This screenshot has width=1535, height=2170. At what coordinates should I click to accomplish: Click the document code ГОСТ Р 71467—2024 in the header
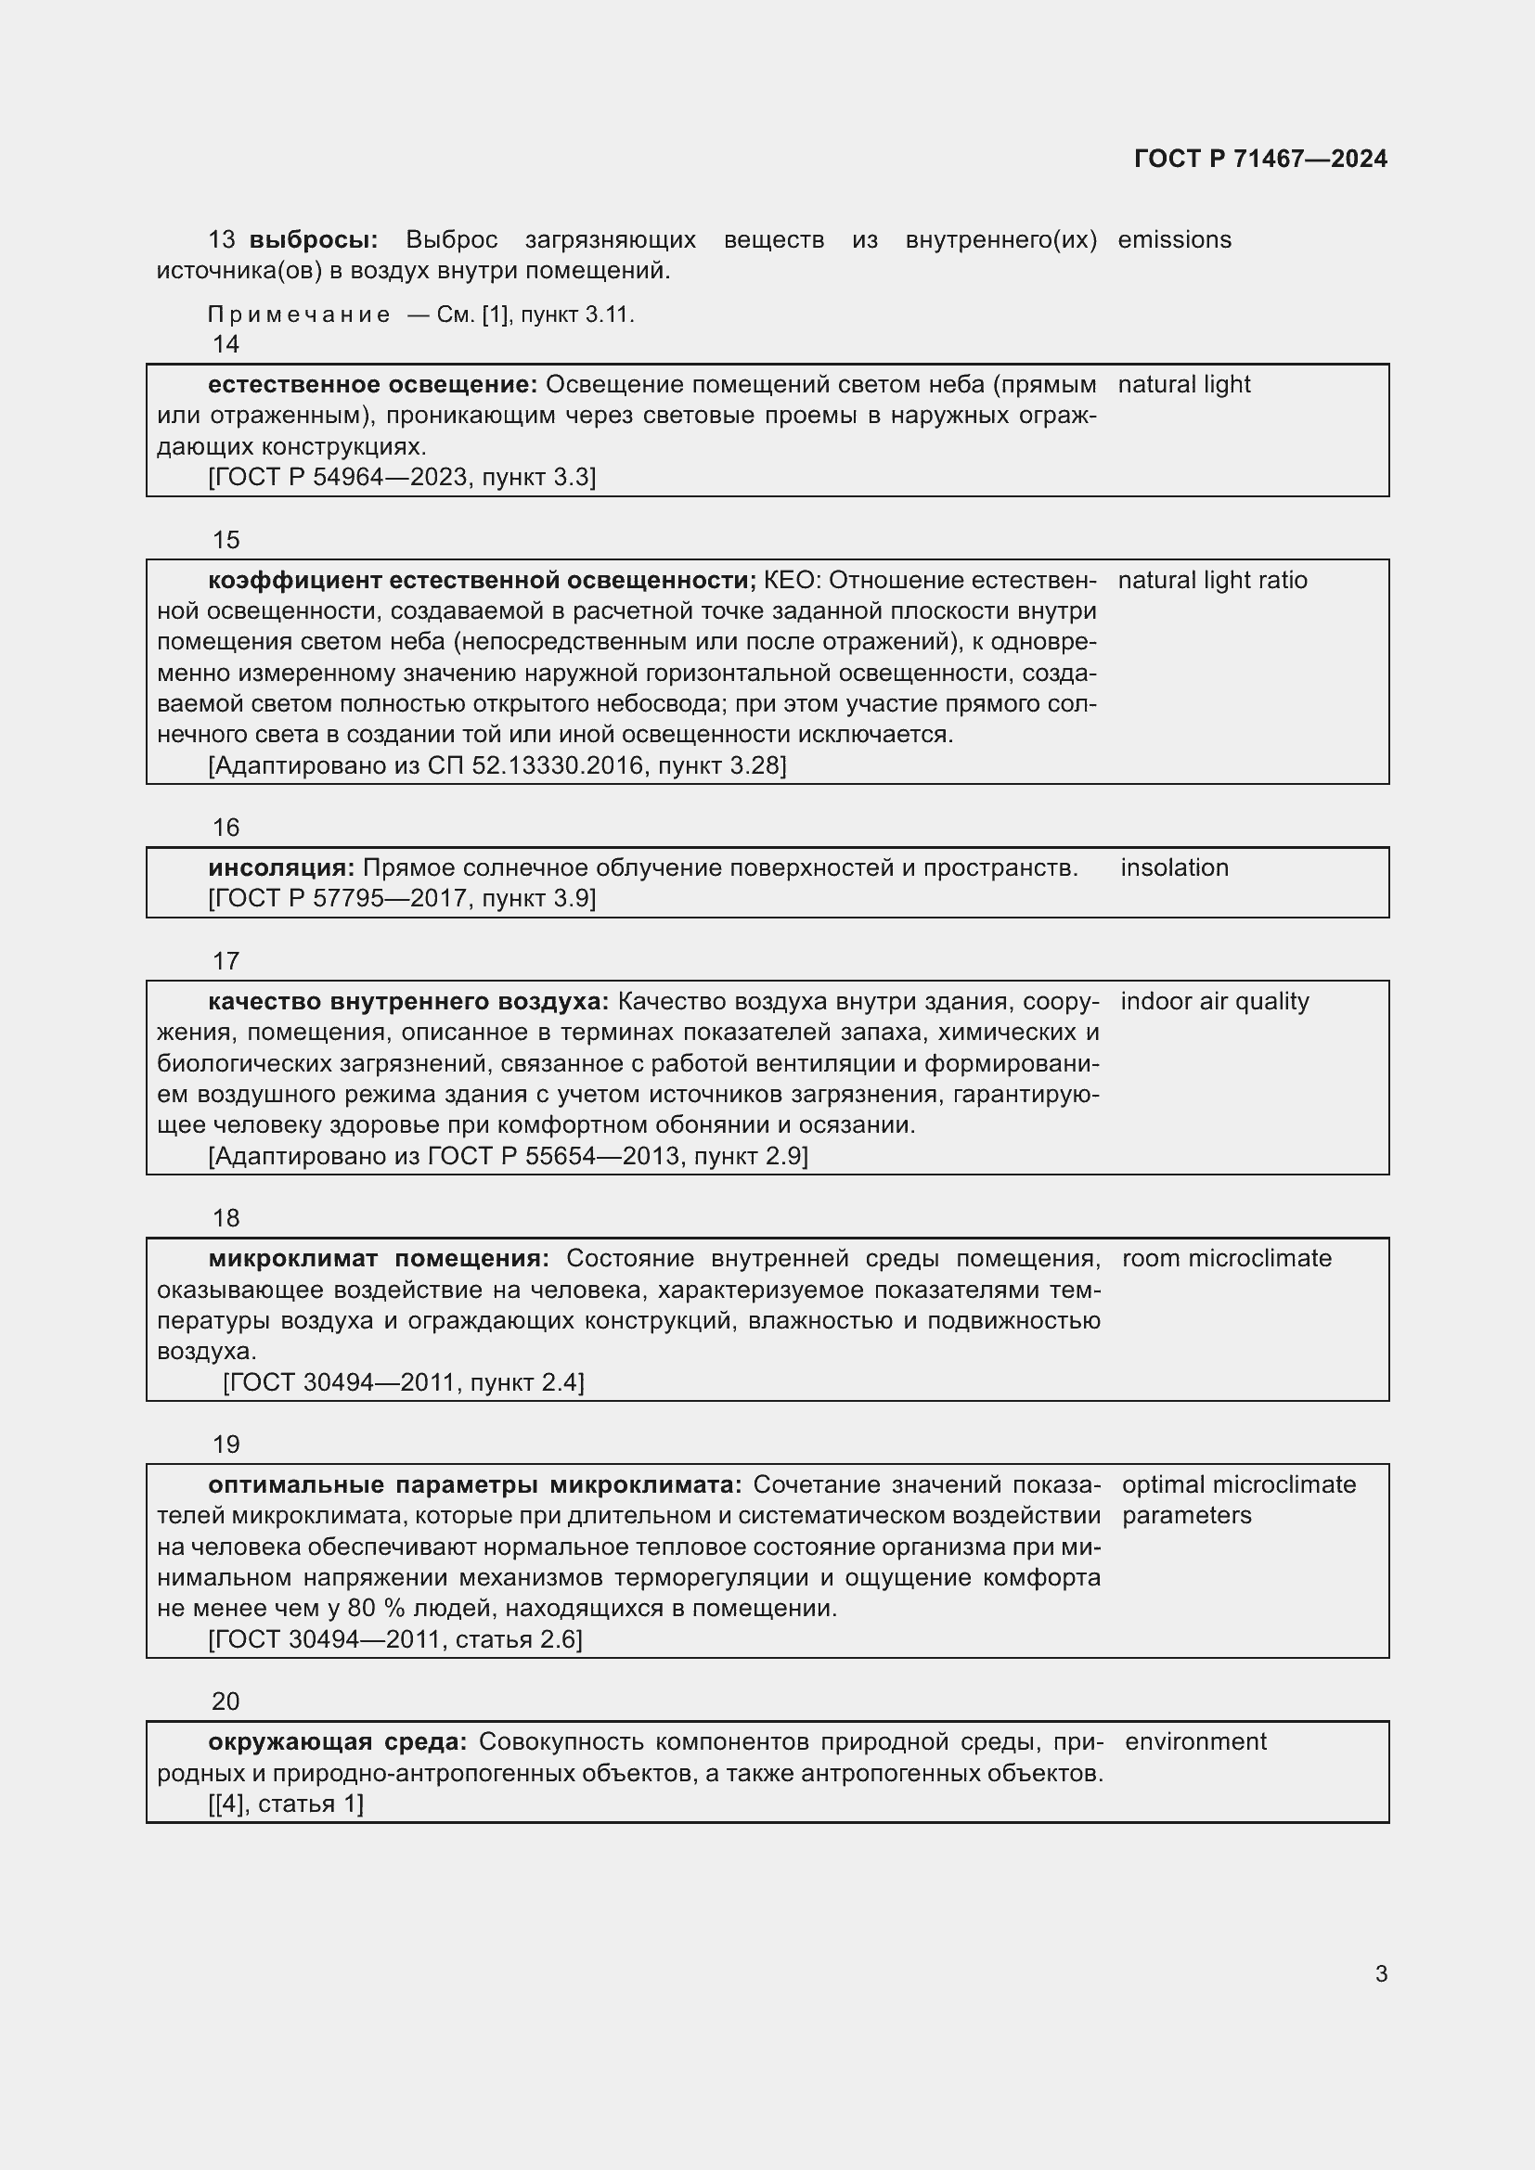point(1260,159)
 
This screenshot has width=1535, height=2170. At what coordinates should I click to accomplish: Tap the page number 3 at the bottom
point(1381,1973)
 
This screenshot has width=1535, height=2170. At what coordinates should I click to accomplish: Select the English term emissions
point(1174,240)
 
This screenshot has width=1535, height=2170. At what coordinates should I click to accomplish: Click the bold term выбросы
point(313,240)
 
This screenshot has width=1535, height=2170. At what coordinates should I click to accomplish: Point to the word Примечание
point(299,315)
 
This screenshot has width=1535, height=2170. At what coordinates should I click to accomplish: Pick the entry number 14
point(226,344)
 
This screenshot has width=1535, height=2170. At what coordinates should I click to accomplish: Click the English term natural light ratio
point(1212,580)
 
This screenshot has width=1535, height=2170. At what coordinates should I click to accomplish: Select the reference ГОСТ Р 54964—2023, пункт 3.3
point(402,477)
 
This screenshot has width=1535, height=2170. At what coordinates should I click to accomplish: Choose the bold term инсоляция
point(280,867)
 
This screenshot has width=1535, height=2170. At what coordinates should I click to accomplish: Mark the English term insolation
point(1174,867)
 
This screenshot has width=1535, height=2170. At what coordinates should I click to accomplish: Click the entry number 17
point(226,961)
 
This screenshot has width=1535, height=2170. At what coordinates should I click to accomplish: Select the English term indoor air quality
point(1215,1001)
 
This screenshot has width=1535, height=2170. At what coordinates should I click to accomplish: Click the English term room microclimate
point(1226,1259)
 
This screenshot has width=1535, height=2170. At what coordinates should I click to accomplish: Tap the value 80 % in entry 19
point(375,1609)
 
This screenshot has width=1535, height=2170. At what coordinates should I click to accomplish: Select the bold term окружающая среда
point(338,1742)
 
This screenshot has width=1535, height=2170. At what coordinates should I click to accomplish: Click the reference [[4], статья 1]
point(286,1804)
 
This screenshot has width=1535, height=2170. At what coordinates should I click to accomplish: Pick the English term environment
point(1194,1742)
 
